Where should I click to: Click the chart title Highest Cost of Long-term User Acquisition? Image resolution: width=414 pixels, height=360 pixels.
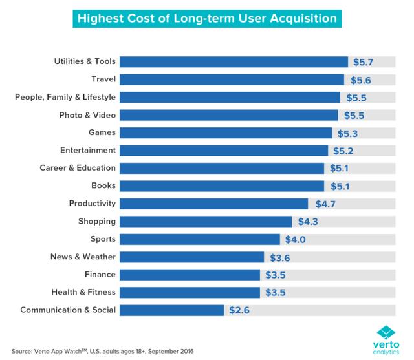click(x=206, y=17)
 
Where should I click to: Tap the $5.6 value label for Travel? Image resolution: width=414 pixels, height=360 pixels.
click(x=360, y=79)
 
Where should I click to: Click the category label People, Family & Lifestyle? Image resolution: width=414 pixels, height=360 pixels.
click(x=65, y=97)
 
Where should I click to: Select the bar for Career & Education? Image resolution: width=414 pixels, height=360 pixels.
click(x=222, y=168)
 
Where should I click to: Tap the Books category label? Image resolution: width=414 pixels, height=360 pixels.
click(x=104, y=185)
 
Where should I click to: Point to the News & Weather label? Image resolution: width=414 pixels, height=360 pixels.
click(x=83, y=257)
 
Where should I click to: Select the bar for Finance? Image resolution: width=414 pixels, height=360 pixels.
click(x=190, y=274)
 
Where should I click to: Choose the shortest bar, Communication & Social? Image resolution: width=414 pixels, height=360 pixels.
click(x=172, y=310)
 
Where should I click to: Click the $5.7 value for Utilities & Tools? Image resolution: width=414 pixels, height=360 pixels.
click(x=364, y=62)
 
